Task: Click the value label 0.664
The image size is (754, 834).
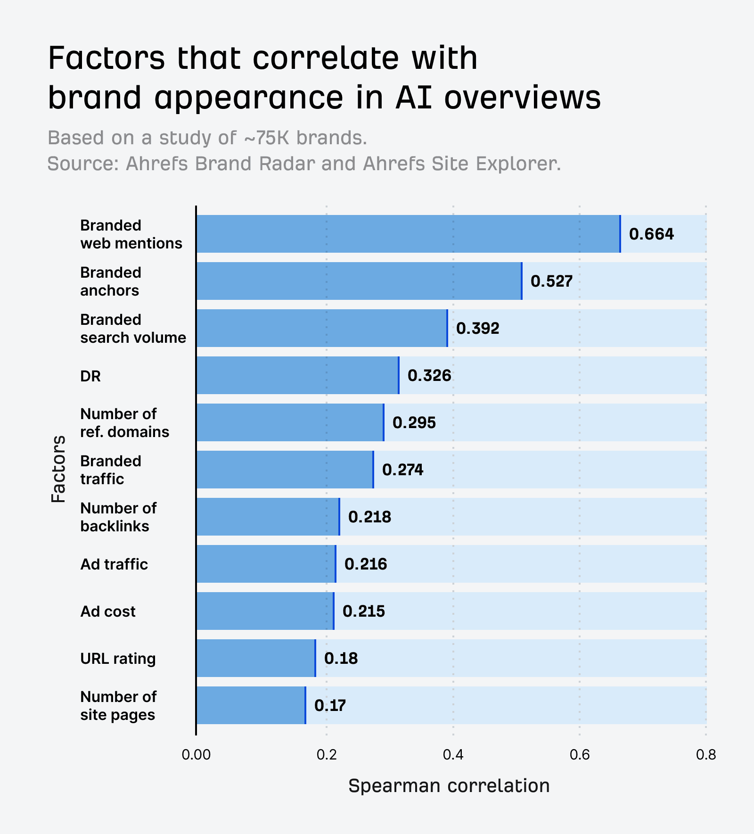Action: click(x=651, y=234)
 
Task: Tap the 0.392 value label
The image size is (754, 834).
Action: click(x=477, y=328)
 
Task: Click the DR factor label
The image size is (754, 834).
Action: click(x=90, y=376)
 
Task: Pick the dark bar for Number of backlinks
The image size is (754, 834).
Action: click(x=268, y=517)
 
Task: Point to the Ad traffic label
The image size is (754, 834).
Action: click(x=114, y=564)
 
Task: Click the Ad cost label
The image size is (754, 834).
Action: click(x=108, y=611)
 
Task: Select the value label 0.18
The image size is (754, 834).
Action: click(x=341, y=658)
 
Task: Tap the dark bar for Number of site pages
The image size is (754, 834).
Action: click(x=251, y=705)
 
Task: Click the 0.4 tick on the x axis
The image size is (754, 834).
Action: click(x=453, y=755)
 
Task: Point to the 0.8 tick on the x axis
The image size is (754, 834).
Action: click(x=705, y=755)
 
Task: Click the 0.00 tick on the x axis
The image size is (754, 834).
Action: click(x=196, y=755)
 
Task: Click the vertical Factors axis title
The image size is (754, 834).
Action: click(x=58, y=469)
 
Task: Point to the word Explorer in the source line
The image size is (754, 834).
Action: click(x=518, y=164)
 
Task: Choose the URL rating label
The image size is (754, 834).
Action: click(x=118, y=659)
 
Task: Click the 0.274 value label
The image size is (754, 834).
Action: click(x=402, y=470)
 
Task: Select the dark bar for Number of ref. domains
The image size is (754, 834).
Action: click(x=290, y=422)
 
